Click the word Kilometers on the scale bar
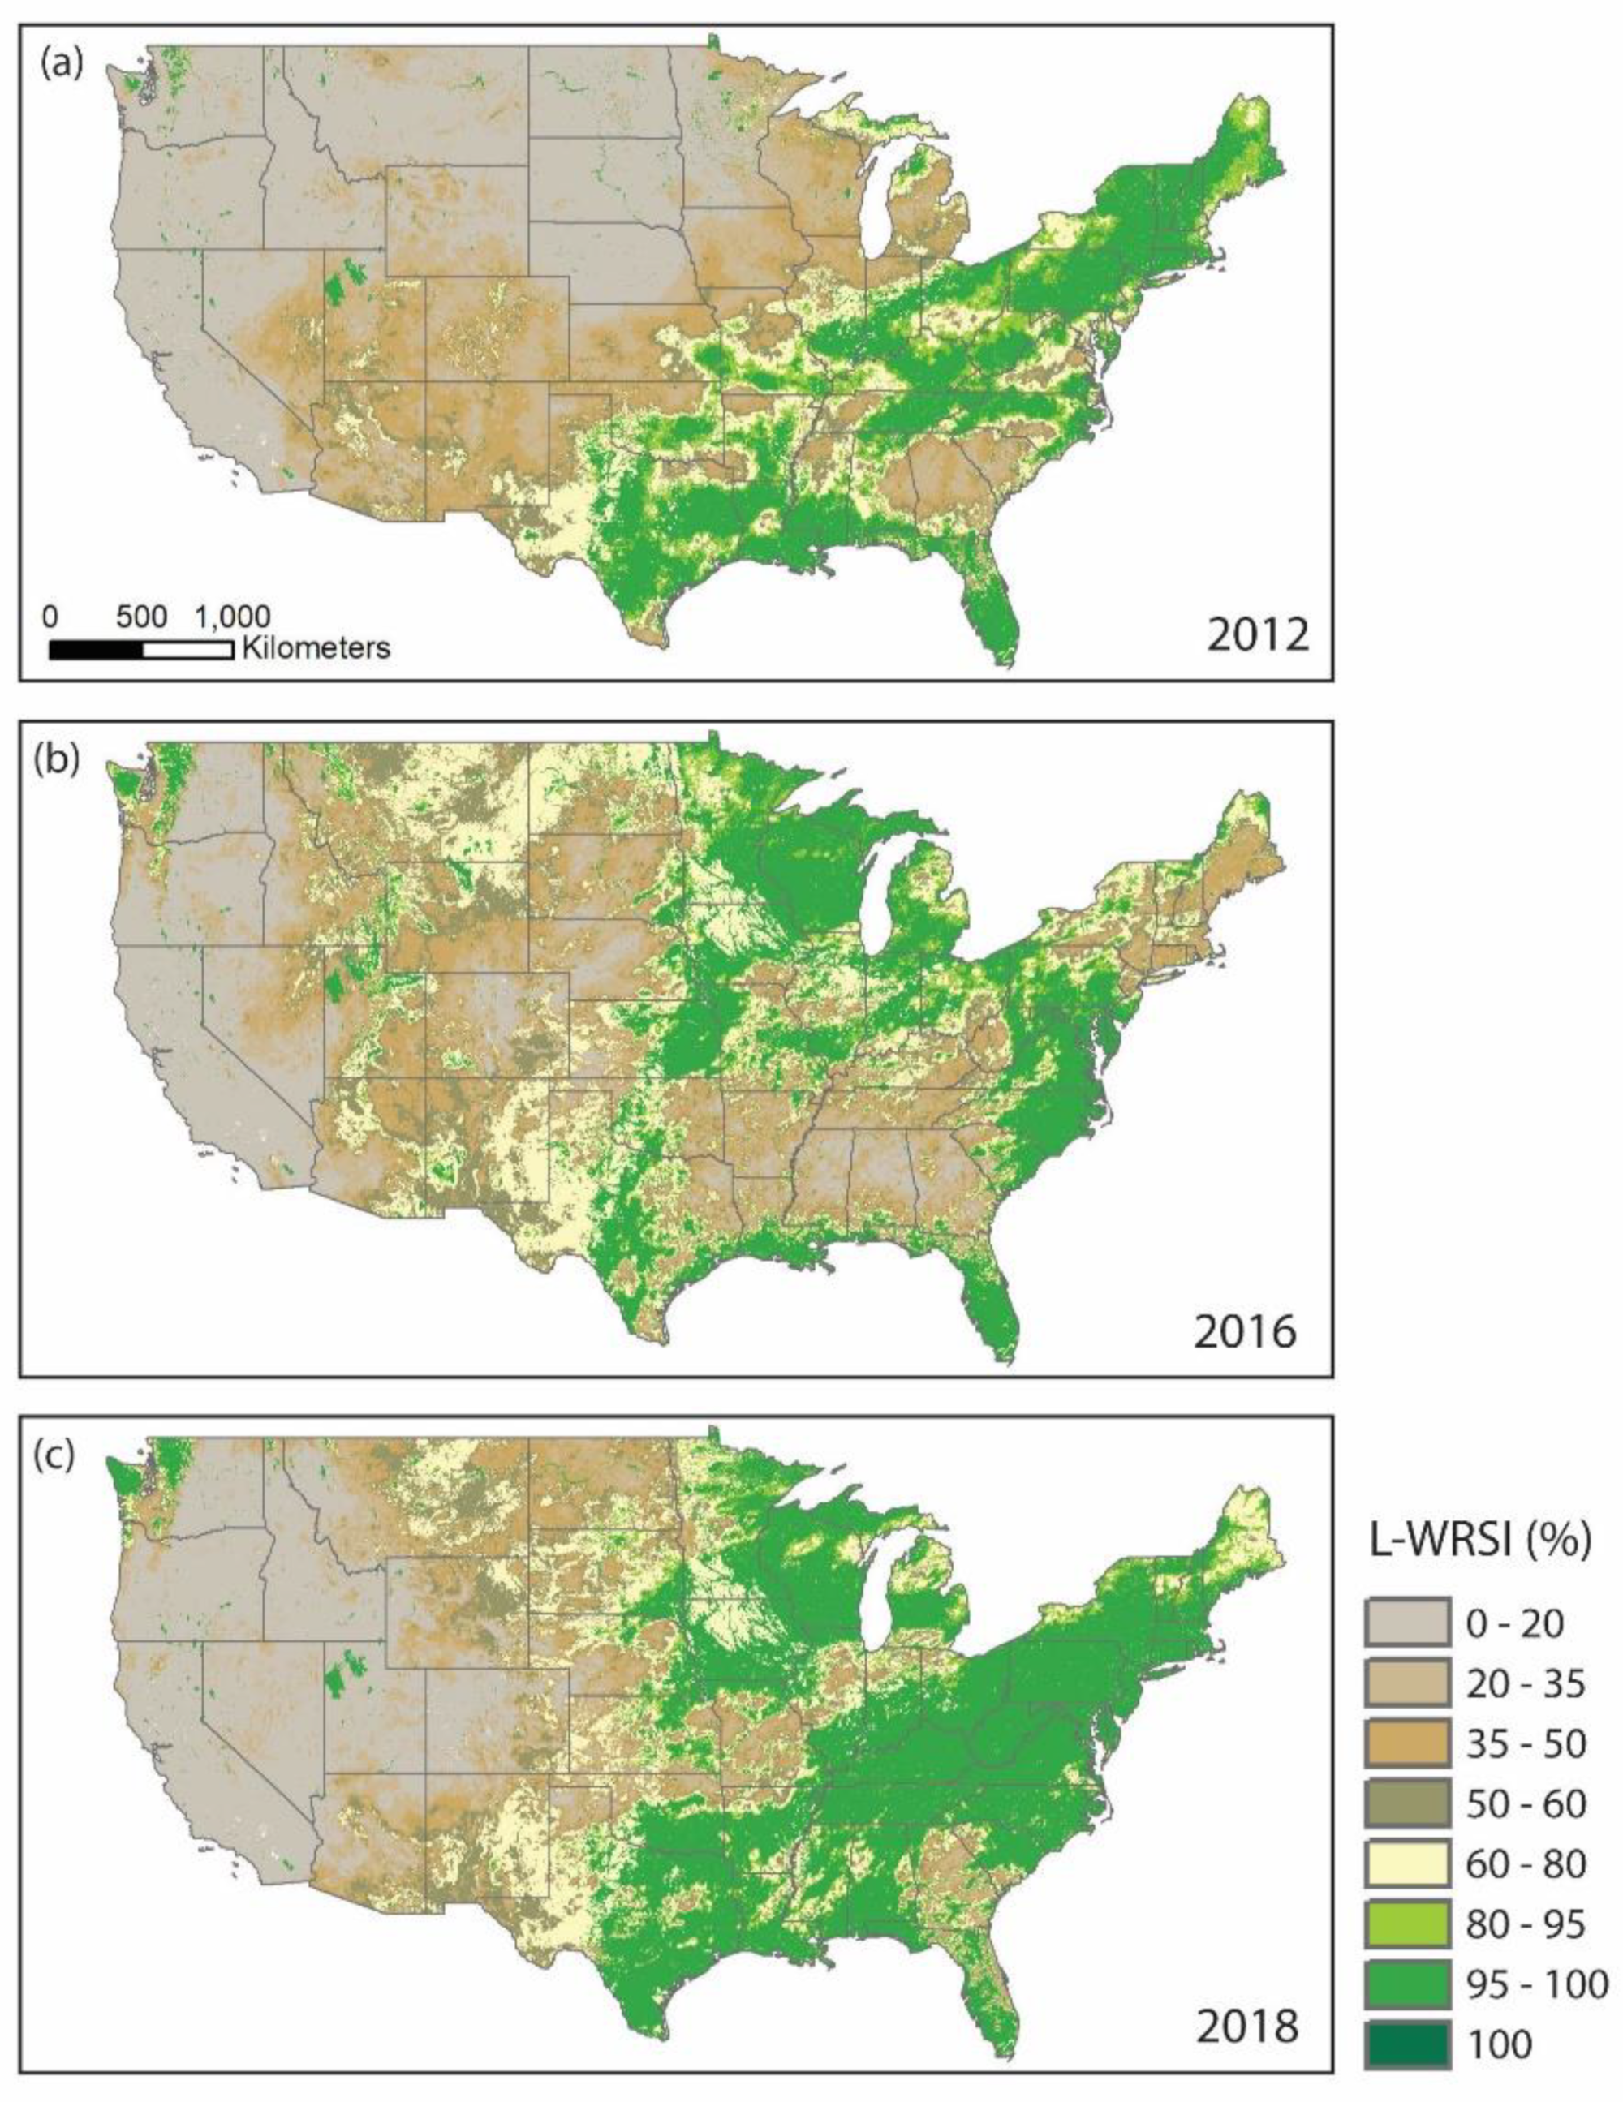click(316, 647)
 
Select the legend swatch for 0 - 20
click(1406, 1623)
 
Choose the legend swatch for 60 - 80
click(1406, 1863)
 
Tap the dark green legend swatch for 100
click(1406, 2044)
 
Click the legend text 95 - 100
click(1536, 1984)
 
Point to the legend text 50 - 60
click(1526, 1803)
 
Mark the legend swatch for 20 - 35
click(1406, 1683)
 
